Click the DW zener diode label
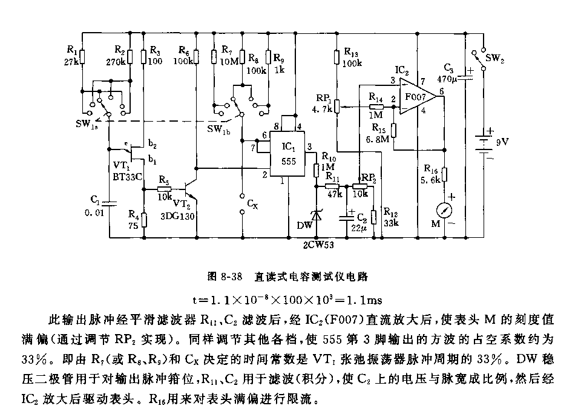click(x=304, y=225)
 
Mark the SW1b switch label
click(x=218, y=129)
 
